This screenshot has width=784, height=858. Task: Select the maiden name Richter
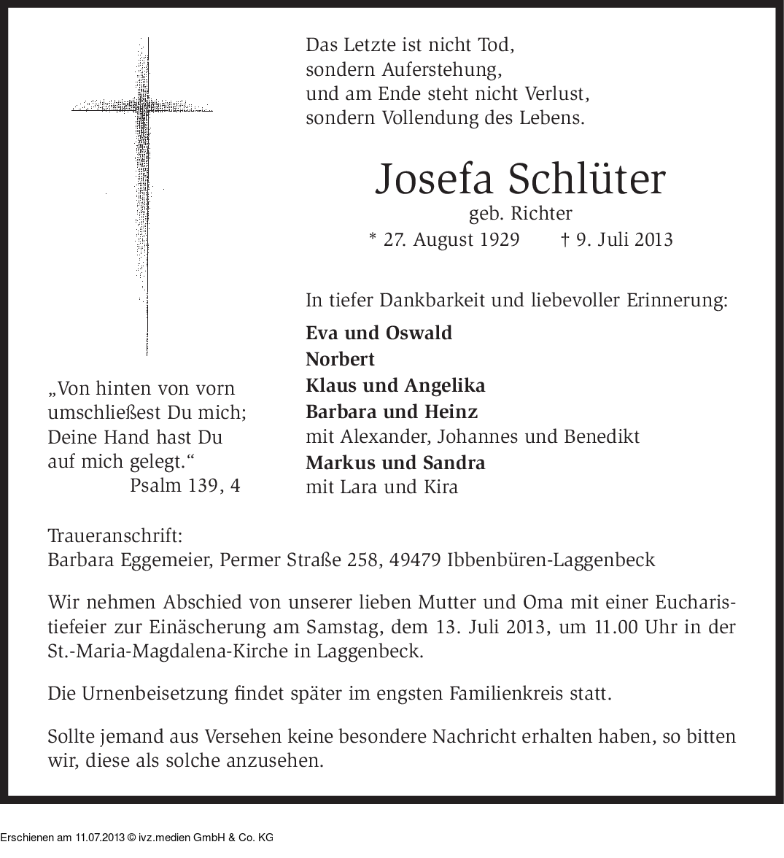[541, 214]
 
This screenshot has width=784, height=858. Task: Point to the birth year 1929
[500, 239]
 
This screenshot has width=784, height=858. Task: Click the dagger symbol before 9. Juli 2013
[565, 239]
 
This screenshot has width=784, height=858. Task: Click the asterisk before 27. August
[373, 238]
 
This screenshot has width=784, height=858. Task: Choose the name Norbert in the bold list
[340, 359]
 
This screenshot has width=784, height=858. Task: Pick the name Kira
[441, 487]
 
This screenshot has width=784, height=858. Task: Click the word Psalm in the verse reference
[155, 485]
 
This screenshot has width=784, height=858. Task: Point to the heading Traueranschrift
[115, 536]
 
